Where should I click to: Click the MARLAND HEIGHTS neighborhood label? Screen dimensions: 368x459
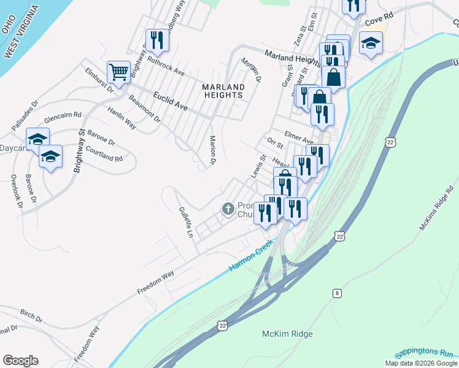(223, 91)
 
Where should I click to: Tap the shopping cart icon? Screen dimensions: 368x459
(118, 71)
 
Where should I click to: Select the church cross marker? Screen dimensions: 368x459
(228, 210)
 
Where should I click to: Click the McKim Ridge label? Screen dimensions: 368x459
(287, 334)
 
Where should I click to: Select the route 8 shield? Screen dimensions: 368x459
(337, 294)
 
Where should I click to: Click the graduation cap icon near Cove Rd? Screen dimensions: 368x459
(371, 43)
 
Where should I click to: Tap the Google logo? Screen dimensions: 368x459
(20, 361)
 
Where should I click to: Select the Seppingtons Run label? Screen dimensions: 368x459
(423, 353)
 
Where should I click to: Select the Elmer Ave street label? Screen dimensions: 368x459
(299, 137)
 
